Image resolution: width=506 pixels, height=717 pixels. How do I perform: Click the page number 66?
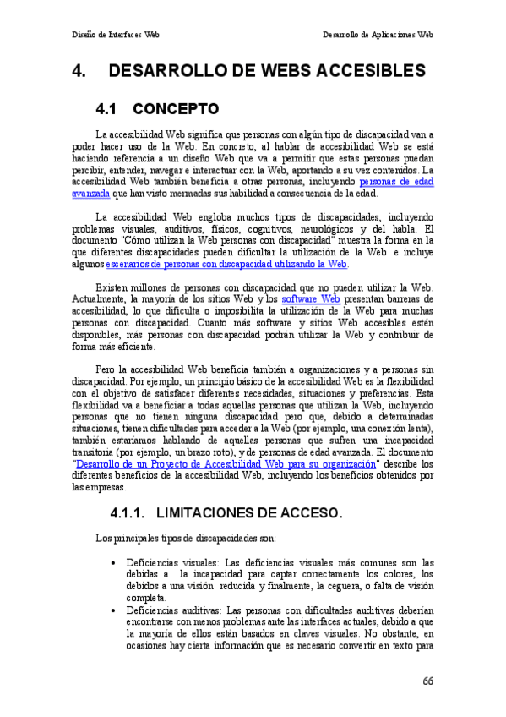click(427, 681)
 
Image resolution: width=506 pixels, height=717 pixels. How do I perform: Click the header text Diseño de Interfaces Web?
click(115, 36)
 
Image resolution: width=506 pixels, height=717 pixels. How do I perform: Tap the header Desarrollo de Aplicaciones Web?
click(378, 36)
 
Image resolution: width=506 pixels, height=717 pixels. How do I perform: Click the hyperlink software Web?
click(311, 298)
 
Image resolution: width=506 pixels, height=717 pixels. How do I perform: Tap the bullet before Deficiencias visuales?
click(113, 562)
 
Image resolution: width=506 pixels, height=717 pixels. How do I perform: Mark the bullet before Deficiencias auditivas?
click(113, 610)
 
